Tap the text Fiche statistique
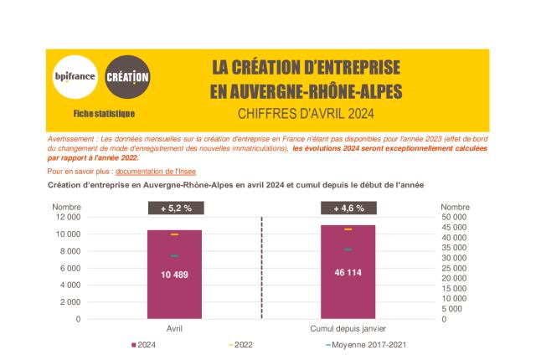[x=103, y=113]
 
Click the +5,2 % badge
[x=173, y=208]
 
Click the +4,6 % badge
[x=348, y=208]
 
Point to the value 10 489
[x=174, y=274]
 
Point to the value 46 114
[x=348, y=272]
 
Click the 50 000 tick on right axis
[x=455, y=217]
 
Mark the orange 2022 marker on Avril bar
[x=174, y=234]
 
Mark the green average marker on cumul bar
[x=348, y=249]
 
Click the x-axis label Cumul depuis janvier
[x=348, y=328]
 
